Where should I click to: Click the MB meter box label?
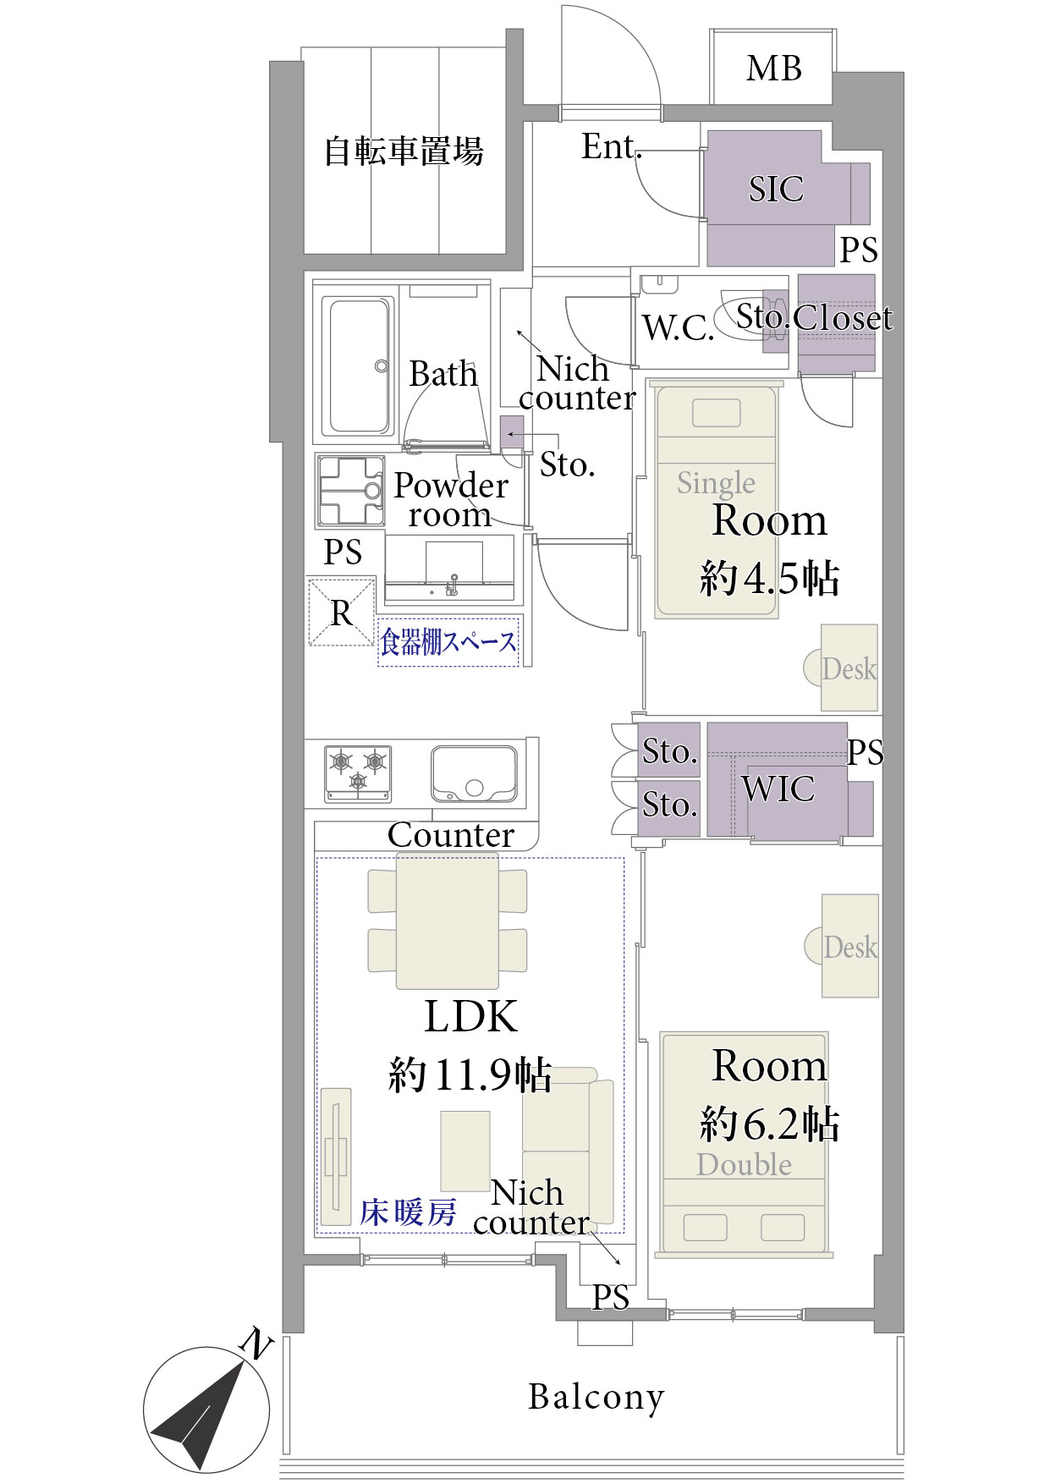click(x=773, y=69)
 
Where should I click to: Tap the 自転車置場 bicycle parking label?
click(x=404, y=151)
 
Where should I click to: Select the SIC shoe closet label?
click(x=776, y=189)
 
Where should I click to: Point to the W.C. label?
click(x=679, y=327)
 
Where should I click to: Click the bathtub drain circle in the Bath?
click(x=382, y=366)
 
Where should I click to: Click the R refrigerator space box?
click(x=342, y=612)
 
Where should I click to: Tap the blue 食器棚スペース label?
click(x=448, y=642)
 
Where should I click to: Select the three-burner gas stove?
click(x=358, y=773)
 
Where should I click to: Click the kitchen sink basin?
click(x=474, y=773)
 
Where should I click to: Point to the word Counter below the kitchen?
click(x=451, y=835)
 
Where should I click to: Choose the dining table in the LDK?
click(x=448, y=921)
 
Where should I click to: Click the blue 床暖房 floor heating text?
click(x=409, y=1212)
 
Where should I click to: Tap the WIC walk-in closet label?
click(x=778, y=789)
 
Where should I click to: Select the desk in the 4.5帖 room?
click(x=849, y=668)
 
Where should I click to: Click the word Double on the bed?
click(x=745, y=1164)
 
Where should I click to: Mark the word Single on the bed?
click(x=716, y=482)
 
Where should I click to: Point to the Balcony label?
click(x=596, y=1398)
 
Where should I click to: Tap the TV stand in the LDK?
click(x=336, y=1157)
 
